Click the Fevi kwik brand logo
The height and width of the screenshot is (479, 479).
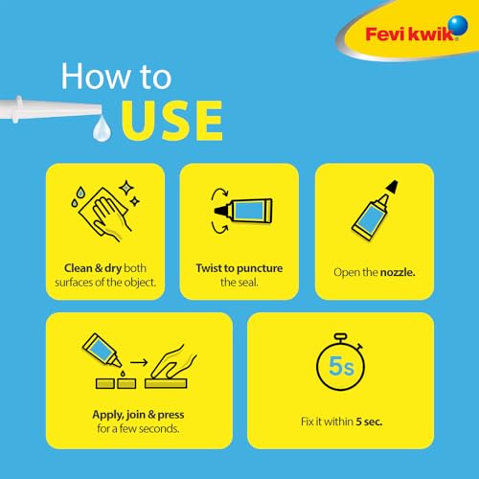coord(406,35)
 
